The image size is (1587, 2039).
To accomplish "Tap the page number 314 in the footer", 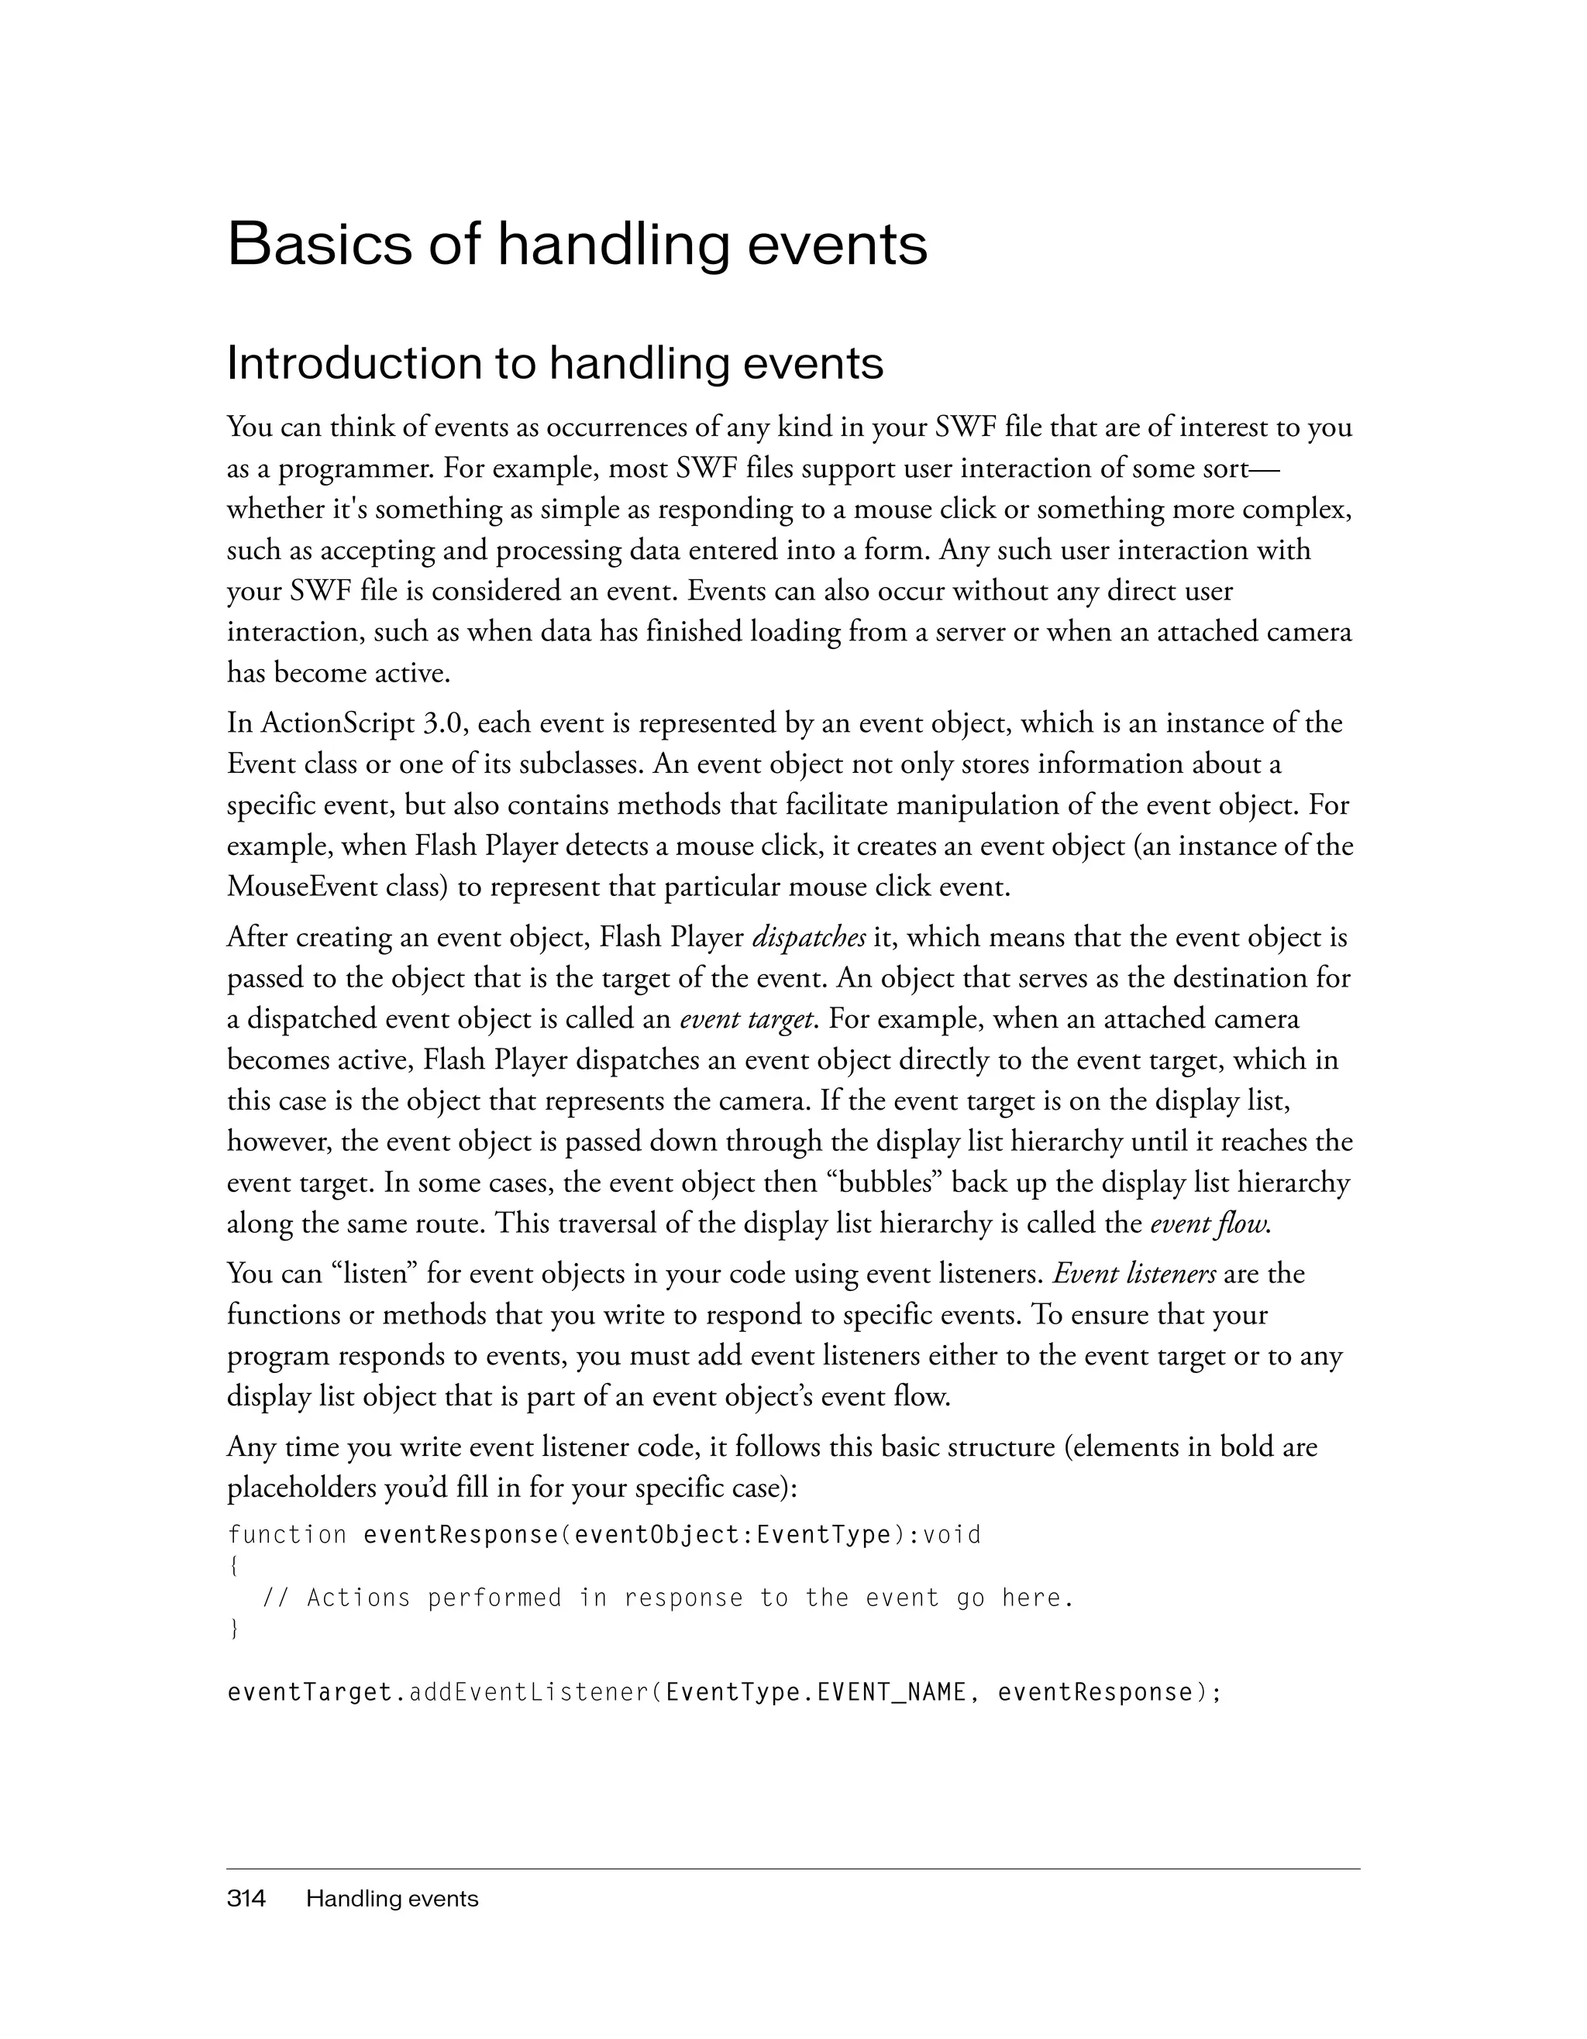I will click(246, 1898).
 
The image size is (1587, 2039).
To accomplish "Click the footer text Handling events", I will click(392, 1898).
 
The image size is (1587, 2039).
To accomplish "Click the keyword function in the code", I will click(287, 1535).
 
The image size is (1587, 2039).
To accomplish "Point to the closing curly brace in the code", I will click(233, 1629).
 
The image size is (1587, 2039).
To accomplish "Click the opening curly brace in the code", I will click(233, 1567).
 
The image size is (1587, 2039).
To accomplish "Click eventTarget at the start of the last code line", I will click(309, 1693).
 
